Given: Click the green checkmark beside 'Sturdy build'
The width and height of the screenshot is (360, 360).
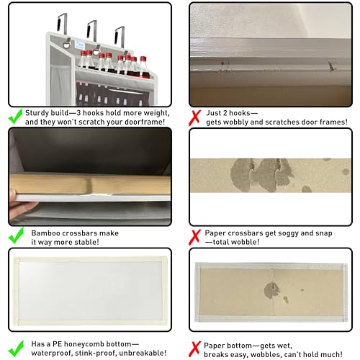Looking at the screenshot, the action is pos(16,117).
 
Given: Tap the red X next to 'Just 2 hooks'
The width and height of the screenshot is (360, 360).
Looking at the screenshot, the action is pos(194,117).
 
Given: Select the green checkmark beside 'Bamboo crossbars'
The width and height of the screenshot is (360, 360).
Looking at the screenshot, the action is pos(16,235).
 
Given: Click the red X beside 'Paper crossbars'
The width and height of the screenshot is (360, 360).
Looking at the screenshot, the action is pos(194,238).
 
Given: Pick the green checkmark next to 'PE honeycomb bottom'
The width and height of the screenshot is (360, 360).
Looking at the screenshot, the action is pos(16,348).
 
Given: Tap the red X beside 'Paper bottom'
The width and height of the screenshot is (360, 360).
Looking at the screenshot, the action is pos(194,349).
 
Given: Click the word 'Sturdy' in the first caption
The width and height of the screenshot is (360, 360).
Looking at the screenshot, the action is pos(36,113).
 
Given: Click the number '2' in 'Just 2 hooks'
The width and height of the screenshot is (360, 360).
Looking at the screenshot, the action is pos(225,113).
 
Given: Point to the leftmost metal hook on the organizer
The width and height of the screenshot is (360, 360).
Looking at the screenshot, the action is pos(62,23).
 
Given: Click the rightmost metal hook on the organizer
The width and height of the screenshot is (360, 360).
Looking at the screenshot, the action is pos(120,36).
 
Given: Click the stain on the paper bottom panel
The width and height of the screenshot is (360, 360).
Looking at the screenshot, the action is pos(271,290).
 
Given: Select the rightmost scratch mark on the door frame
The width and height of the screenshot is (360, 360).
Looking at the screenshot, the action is pos(331,66).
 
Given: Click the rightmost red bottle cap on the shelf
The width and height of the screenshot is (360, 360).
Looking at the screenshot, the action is pos(143,59).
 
